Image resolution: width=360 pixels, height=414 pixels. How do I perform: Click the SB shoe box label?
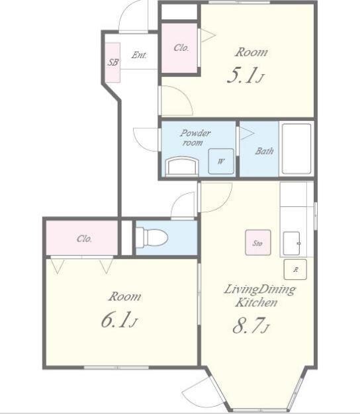pyautogui.click(x=113, y=62)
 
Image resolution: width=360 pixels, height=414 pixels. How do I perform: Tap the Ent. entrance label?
pyautogui.click(x=139, y=55)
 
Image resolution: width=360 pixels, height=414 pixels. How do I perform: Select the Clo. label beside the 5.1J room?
pyautogui.click(x=181, y=48)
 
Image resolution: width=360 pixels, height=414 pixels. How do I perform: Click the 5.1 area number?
pyautogui.click(x=242, y=75)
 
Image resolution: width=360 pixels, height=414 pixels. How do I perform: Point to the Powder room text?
pyautogui.click(x=195, y=138)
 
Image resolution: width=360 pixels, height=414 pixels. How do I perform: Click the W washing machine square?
pyautogui.click(x=221, y=161)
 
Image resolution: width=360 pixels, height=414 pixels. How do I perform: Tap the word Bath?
pyautogui.click(x=264, y=151)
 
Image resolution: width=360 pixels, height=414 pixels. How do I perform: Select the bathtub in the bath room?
pyautogui.click(x=296, y=149)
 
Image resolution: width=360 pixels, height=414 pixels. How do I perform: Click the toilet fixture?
pyautogui.click(x=152, y=238)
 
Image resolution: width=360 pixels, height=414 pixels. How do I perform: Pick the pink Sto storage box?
pyautogui.click(x=258, y=242)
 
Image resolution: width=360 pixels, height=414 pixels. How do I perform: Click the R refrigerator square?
pyautogui.click(x=295, y=269)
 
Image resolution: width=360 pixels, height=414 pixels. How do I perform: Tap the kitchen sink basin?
pyautogui.click(x=292, y=243)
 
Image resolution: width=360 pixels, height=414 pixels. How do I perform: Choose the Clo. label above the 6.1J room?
pyautogui.click(x=84, y=239)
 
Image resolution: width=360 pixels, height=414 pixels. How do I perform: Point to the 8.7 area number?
pyautogui.click(x=247, y=326)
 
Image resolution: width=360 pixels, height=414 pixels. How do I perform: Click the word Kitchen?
pyautogui.click(x=256, y=302)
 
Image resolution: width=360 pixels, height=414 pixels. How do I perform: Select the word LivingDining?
pyautogui.click(x=259, y=290)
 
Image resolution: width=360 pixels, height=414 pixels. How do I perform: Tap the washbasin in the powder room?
pyautogui.click(x=182, y=166)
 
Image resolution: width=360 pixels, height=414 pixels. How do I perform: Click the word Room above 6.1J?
pyautogui.click(x=124, y=296)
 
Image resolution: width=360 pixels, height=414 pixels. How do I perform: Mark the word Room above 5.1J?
pyautogui.click(x=251, y=52)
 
